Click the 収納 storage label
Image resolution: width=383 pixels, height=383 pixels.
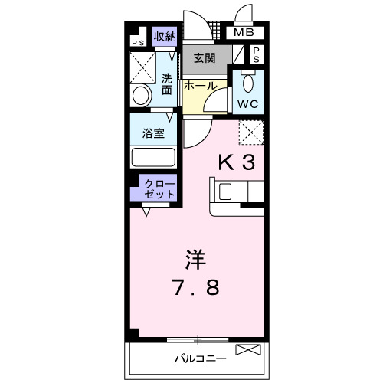(165, 36)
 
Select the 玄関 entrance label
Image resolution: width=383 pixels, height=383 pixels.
(205, 58)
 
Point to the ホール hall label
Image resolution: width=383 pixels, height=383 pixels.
(200, 87)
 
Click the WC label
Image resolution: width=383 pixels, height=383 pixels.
(247, 103)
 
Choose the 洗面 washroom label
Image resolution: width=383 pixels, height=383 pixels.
(167, 83)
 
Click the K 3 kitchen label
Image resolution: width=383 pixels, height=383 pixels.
(237, 162)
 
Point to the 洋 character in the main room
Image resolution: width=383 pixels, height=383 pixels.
(195, 260)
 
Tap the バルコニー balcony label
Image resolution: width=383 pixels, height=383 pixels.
(198, 358)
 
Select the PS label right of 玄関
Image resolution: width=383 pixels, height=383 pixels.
(256, 54)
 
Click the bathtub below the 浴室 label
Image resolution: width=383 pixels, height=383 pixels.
(153, 157)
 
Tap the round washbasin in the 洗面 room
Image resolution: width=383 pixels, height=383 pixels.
(141, 97)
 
